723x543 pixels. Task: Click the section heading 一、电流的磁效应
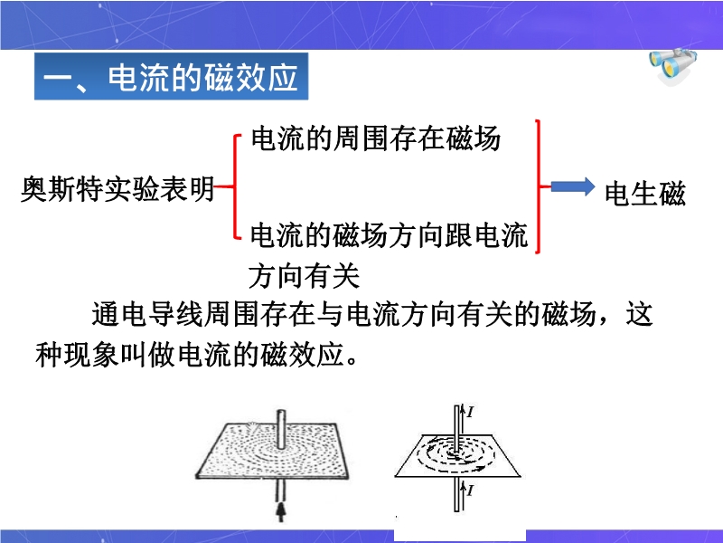[x=171, y=77]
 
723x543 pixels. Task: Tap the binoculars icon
[x=672, y=66]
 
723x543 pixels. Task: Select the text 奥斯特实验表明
[x=118, y=189]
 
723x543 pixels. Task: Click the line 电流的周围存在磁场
[x=376, y=138]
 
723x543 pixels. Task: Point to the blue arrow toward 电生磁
[x=573, y=186]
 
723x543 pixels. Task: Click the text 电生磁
[x=644, y=193]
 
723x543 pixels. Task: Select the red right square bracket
[x=538, y=186]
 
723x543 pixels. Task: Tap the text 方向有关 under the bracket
[x=304, y=276]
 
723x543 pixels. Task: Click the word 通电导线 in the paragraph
[x=147, y=314]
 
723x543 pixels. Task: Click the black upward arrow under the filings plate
[x=280, y=512]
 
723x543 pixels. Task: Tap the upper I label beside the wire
[x=470, y=412]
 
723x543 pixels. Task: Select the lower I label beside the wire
[x=470, y=490]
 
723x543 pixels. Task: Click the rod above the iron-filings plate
[x=281, y=429]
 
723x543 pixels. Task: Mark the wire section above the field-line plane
[x=457, y=427]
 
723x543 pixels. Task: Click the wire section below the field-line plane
[x=457, y=494]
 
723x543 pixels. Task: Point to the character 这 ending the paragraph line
[x=639, y=314]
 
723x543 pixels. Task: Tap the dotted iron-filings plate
[x=272, y=451]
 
